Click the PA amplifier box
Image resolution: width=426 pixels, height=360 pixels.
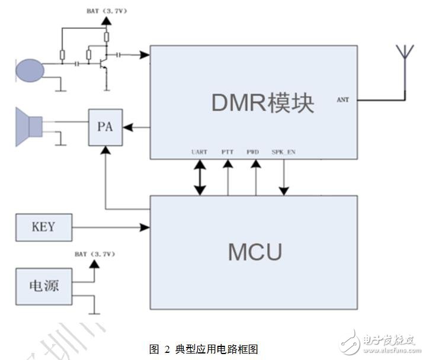105,127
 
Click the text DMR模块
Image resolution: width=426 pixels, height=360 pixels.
262,103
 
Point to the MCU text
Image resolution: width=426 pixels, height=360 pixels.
255,252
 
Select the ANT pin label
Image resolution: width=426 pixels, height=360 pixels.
342,100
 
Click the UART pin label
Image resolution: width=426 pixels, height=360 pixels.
200,152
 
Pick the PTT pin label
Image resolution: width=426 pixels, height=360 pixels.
227,152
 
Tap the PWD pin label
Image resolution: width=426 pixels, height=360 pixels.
254,152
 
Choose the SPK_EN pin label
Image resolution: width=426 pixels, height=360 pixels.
283,152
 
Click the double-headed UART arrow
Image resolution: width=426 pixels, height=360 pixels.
200,177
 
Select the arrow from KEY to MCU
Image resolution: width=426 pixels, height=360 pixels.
110,227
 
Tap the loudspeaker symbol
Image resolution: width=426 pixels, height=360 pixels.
29,126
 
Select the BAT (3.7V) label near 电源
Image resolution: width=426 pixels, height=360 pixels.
94,254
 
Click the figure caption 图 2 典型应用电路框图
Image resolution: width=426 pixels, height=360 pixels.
203,349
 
